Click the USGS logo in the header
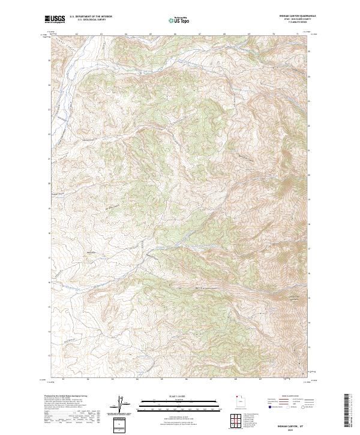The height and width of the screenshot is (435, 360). pyautogui.click(x=55, y=19)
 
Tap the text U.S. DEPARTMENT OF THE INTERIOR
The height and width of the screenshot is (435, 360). pyautogui.click(x=91, y=16)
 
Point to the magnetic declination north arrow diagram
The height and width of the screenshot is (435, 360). pyautogui.click(x=119, y=405)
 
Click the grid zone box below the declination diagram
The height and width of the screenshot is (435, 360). pyautogui.click(x=119, y=425)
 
